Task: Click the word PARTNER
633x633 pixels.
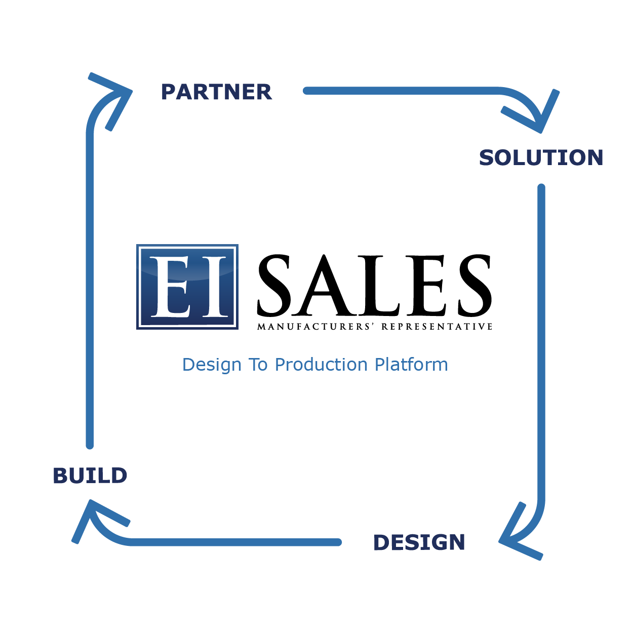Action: point(216,92)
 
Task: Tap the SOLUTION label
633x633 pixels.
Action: point(541,157)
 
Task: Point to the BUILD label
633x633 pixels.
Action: point(90,476)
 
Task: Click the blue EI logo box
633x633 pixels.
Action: point(187,287)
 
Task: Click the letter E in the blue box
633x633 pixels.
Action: point(171,287)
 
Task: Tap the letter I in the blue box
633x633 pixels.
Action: point(215,287)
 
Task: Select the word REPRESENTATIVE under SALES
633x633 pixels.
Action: point(437,327)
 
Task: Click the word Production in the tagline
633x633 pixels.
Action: point(321,365)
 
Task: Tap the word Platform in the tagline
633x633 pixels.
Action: point(411,365)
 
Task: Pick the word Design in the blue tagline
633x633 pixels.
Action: point(212,365)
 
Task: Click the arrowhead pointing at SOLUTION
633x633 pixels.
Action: point(535,112)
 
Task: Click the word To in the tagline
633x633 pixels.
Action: point(258,365)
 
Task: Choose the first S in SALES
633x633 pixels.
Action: point(274,285)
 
